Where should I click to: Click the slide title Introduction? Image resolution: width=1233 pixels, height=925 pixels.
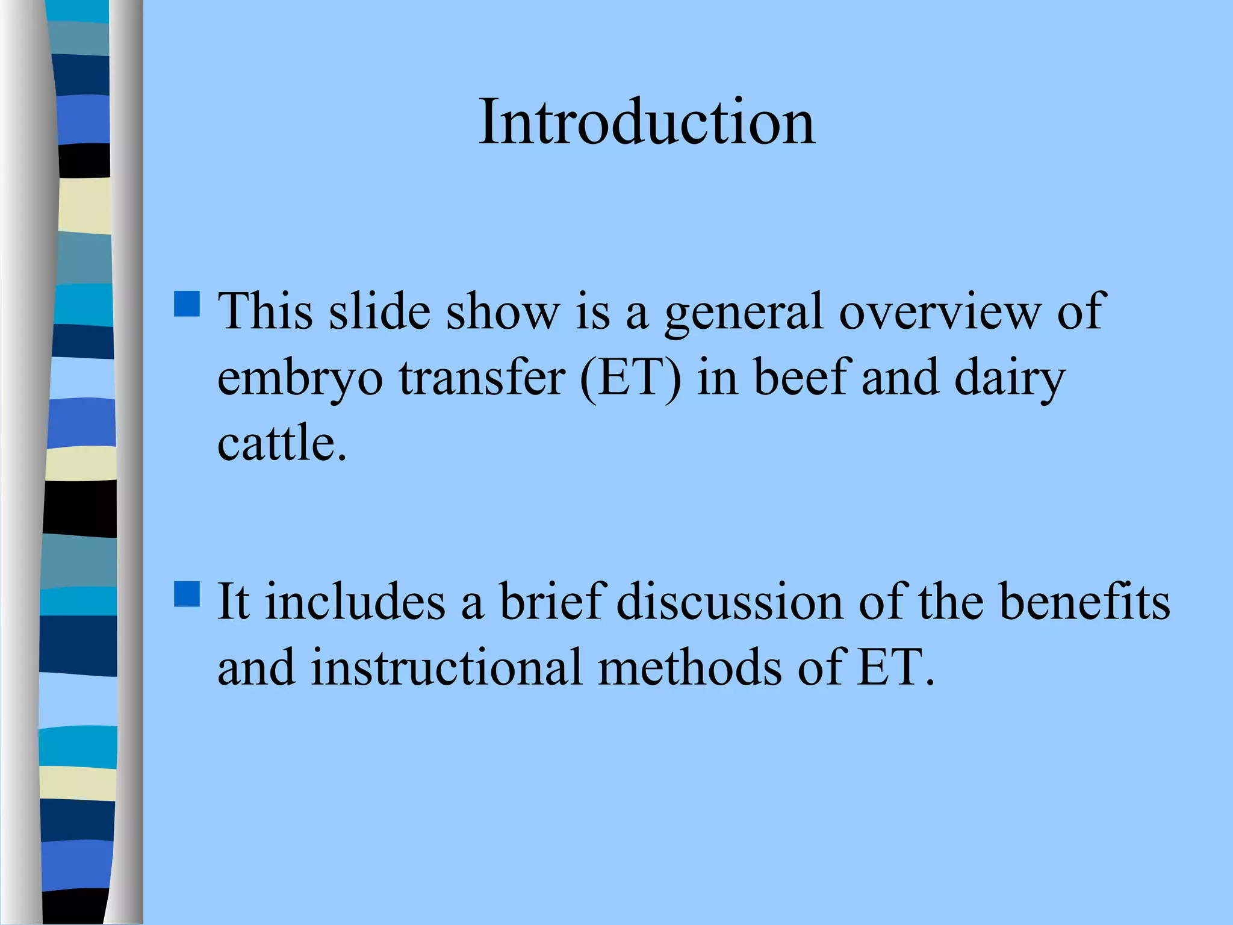coord(647,122)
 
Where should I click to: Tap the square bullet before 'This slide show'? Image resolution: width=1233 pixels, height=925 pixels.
coord(187,304)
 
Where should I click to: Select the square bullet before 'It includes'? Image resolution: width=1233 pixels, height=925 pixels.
coord(187,594)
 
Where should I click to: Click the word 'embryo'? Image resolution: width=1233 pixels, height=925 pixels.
coord(300,378)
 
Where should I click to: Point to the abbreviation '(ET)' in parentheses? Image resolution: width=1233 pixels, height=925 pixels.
coord(630,378)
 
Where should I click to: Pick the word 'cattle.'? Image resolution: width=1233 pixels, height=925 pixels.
coord(282,443)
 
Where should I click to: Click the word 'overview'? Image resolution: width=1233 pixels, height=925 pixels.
coord(939,312)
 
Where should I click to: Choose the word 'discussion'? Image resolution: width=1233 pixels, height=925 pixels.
coord(730,602)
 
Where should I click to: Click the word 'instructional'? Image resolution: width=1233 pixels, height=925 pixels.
coord(446,667)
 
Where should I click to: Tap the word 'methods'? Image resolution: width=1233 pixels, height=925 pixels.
coord(690,667)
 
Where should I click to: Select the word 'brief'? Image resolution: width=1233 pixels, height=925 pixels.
coord(551,602)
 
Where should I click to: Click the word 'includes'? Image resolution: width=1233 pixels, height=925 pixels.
coord(355,602)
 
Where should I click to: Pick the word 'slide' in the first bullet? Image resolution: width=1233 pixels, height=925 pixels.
coord(379,312)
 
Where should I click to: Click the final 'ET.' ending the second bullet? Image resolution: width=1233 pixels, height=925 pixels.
coord(896,667)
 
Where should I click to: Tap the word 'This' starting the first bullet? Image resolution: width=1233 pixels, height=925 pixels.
coord(266,312)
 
